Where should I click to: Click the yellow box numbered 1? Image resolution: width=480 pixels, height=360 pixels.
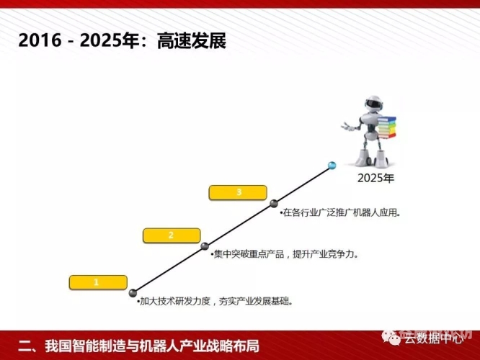tap(96, 282)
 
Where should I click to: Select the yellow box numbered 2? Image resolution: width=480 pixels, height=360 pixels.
tap(171, 235)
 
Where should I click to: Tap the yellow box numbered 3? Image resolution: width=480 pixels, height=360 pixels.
tap(238, 192)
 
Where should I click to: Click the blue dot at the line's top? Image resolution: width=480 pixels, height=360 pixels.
tap(332, 166)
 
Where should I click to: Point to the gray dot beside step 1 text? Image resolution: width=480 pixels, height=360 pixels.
tap(133, 292)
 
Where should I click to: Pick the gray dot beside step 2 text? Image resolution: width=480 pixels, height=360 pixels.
tap(205, 246)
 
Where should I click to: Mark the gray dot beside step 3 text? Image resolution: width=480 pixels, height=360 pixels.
tap(274, 204)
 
